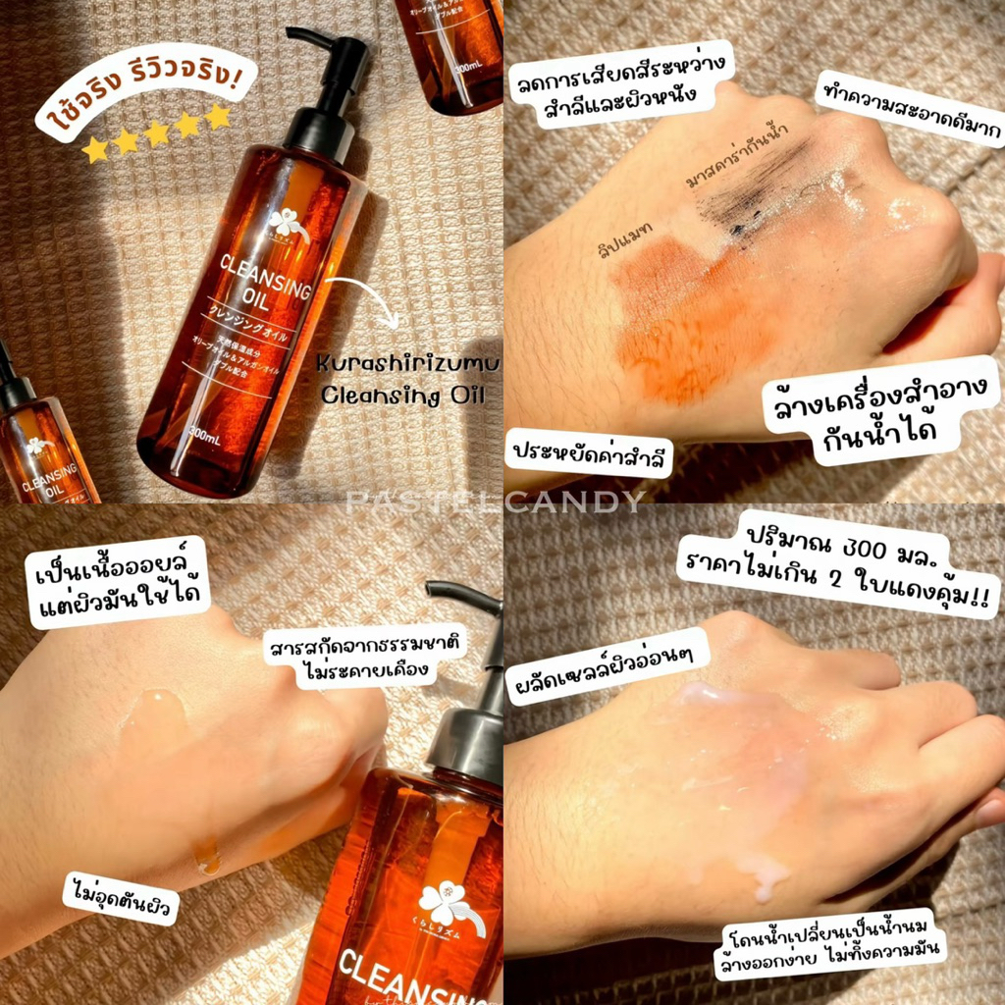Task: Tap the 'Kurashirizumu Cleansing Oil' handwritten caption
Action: [x=408, y=382]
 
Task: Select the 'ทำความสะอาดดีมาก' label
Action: [x=908, y=111]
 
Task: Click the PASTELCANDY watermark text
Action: [x=495, y=502]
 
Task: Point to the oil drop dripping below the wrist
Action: [x=207, y=856]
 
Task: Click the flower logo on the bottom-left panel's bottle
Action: [x=447, y=904]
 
